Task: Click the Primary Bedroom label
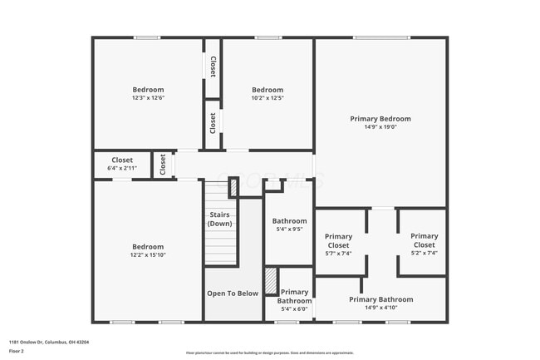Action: point(380,119)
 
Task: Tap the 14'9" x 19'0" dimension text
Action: point(380,127)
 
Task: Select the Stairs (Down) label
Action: point(219,219)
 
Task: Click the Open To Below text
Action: point(233,293)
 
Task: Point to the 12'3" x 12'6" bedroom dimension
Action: point(148,98)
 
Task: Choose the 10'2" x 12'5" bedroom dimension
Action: point(268,98)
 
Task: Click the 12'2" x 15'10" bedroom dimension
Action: point(148,255)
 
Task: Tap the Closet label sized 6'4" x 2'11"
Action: point(122,160)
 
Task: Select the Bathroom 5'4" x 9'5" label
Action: point(289,221)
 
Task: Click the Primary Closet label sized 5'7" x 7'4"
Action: point(338,241)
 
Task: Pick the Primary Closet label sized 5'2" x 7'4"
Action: point(424,240)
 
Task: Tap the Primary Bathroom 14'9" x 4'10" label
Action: point(380,299)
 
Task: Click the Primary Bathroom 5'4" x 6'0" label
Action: point(294,297)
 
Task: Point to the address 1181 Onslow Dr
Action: point(49,342)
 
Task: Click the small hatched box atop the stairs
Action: point(233,188)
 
